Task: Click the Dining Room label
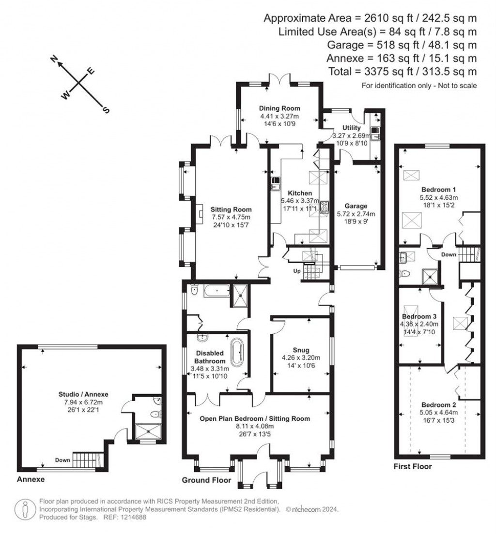[279, 108]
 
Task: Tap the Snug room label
[300, 350]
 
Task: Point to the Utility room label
[352, 127]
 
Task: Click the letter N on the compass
[55, 59]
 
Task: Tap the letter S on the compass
[106, 110]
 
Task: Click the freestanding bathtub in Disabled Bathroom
[237, 353]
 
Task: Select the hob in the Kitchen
[323, 206]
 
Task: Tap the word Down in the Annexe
[62, 460]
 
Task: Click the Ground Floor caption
[203, 480]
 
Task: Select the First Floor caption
[412, 467]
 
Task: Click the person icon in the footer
[25, 509]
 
